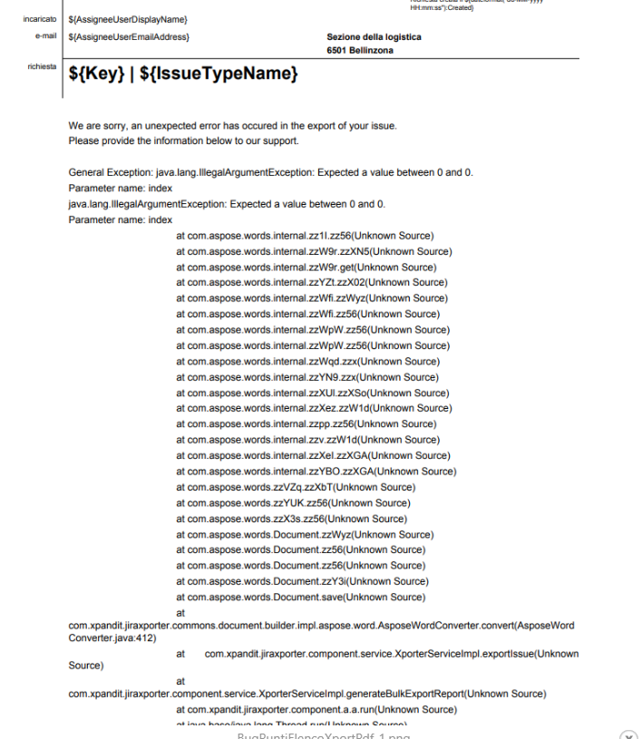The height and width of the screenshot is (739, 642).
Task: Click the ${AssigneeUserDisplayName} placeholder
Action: click(128, 19)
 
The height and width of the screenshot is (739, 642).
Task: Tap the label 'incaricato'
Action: click(41, 19)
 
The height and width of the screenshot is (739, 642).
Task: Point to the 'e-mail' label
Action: click(46, 36)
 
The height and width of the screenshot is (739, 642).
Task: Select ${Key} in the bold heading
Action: click(95, 74)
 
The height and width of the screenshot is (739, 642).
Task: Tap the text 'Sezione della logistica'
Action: click(374, 37)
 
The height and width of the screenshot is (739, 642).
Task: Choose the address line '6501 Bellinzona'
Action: click(360, 51)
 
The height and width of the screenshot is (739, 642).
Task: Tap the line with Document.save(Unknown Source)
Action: click(300, 597)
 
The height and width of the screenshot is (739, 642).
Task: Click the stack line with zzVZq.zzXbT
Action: click(296, 487)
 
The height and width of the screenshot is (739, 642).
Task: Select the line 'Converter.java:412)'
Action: click(112, 637)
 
